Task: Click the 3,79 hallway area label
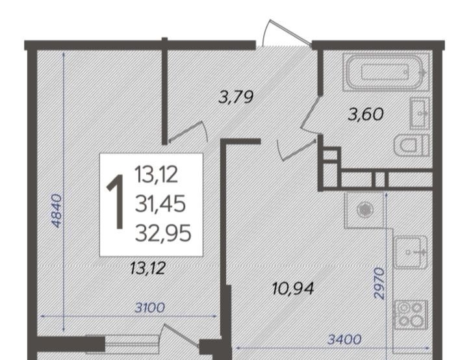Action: [236, 97]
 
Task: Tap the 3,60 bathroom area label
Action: [366, 114]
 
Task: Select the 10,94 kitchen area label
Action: [293, 289]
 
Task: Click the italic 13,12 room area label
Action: [148, 268]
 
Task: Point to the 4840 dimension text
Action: [57, 211]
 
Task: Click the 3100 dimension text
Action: [149, 308]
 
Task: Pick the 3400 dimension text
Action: [344, 340]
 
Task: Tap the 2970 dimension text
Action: [379, 283]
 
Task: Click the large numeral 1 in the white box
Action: [116, 202]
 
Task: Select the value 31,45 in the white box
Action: [160, 204]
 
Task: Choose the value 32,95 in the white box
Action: [163, 233]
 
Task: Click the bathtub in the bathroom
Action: [385, 72]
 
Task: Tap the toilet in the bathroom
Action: [411, 146]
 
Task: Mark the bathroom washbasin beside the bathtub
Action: [420, 113]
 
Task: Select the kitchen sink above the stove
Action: [411, 252]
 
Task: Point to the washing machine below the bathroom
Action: [364, 210]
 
